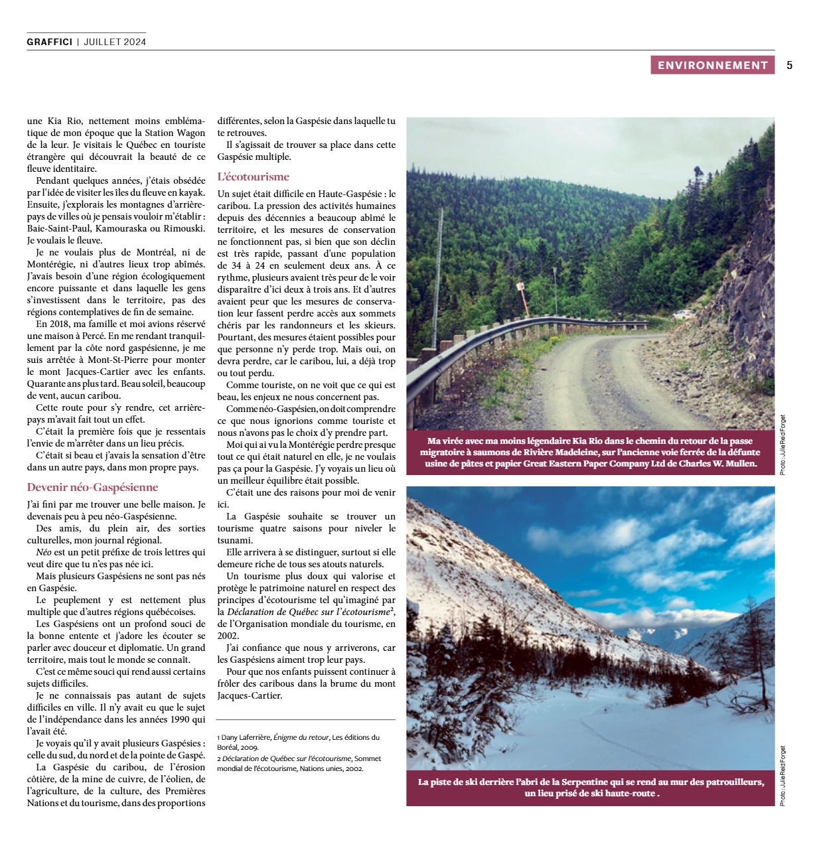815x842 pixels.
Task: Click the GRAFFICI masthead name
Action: (x=49, y=42)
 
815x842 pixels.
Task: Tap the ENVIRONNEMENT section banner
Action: (x=712, y=65)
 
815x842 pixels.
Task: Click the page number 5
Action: (x=790, y=65)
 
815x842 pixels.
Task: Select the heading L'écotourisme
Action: (x=253, y=176)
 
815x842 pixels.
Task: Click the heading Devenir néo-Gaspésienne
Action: (x=92, y=487)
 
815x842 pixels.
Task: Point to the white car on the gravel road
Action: (x=682, y=315)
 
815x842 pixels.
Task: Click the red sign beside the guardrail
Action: (x=521, y=287)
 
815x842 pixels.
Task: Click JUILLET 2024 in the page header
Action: (x=115, y=42)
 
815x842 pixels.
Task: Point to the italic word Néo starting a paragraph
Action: (x=43, y=552)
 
